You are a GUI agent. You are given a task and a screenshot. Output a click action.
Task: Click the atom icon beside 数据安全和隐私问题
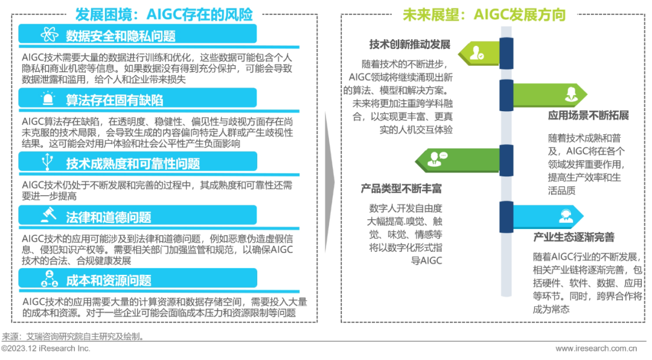point(48,34)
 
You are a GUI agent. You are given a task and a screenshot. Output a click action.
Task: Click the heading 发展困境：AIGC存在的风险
point(164,14)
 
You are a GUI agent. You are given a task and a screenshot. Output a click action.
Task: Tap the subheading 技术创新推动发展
point(410,45)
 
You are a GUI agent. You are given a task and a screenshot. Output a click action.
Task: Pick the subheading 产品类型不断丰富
point(401,188)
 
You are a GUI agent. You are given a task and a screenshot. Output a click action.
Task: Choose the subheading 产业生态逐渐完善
point(573,237)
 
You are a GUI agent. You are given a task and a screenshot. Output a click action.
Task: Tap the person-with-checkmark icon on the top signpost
point(478,53)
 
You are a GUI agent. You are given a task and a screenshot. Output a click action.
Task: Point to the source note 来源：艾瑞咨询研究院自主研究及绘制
point(72,336)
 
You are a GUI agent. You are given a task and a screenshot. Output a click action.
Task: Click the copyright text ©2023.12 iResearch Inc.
point(45,349)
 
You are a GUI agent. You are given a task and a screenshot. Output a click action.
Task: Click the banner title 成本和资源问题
point(109,280)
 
